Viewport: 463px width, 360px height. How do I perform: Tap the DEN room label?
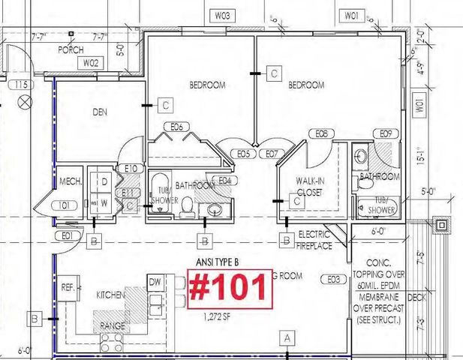[x=100, y=112]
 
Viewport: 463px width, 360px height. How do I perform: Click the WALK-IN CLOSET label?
[x=314, y=185]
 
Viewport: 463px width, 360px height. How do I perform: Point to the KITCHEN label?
[x=110, y=295]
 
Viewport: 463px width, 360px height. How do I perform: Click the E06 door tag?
[x=177, y=127]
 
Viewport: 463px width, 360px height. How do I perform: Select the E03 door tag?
[x=335, y=280]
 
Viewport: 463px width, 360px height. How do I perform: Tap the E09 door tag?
[x=386, y=133]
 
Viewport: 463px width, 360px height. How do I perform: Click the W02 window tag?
[x=91, y=63]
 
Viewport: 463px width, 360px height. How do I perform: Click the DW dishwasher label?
[x=155, y=282]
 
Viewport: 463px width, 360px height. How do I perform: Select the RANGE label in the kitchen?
[x=113, y=326]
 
